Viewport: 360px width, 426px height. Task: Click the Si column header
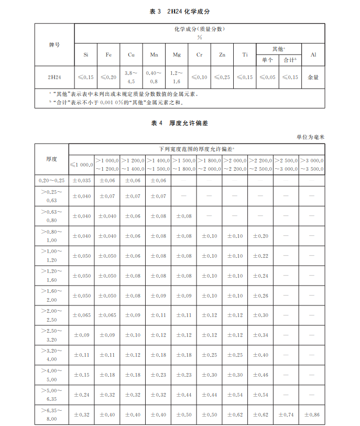86,55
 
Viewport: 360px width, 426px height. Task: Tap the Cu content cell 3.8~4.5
131,77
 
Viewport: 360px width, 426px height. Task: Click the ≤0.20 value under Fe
108,77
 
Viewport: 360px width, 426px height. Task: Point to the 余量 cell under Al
313,77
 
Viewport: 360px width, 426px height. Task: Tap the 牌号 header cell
54,45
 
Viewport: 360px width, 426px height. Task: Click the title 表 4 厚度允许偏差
180,123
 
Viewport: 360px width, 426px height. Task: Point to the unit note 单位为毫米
310,137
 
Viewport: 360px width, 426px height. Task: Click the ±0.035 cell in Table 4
81,180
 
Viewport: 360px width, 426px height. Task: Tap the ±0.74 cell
286,414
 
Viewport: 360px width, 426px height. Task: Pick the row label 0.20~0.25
51,180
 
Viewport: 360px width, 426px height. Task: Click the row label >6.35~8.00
51,414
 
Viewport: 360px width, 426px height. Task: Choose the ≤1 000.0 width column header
81,165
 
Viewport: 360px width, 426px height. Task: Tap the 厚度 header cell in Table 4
51,159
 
